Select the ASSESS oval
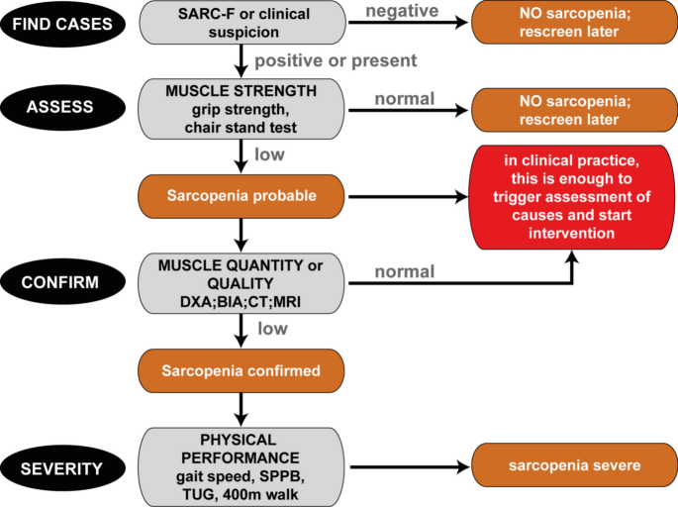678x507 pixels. coord(62,107)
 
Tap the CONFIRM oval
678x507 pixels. coord(62,283)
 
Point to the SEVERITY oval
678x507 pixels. coord(62,464)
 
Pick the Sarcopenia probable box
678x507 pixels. coord(242,196)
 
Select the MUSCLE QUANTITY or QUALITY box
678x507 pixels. coord(242,283)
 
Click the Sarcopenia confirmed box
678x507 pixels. coord(242,371)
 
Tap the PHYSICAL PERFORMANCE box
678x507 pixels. coord(242,464)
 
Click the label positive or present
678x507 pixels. coord(336,60)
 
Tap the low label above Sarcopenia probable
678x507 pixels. coord(270,154)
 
